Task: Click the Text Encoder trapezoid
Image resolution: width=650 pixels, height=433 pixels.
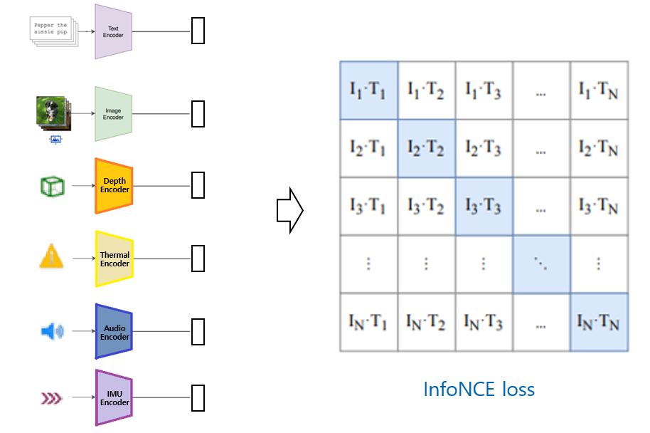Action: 114,31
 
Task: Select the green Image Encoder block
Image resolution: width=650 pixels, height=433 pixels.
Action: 114,114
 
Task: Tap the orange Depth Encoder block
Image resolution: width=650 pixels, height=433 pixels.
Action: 114,186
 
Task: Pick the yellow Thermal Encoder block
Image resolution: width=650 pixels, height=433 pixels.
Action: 114,259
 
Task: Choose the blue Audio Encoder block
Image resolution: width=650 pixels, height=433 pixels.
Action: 114,331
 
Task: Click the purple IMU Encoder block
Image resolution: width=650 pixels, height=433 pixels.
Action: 114,397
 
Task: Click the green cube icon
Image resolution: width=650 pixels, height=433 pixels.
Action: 53,187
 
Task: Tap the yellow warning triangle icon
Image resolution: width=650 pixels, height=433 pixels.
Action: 51,256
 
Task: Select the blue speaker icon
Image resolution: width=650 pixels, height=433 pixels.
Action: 52,331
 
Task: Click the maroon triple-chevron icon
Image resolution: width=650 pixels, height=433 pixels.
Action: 51,399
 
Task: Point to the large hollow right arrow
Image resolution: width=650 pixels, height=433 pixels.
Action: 289,211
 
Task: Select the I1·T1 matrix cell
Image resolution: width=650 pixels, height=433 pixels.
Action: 369,90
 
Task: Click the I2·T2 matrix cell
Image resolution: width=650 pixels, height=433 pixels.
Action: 427,149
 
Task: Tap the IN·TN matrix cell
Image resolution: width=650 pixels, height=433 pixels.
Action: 600,323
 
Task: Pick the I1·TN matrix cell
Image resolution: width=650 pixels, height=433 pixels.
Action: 600,90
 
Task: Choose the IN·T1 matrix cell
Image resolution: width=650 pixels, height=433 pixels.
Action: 369,323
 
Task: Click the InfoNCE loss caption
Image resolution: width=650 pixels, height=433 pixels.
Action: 479,390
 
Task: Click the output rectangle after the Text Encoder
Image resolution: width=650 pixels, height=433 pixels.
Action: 198,31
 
